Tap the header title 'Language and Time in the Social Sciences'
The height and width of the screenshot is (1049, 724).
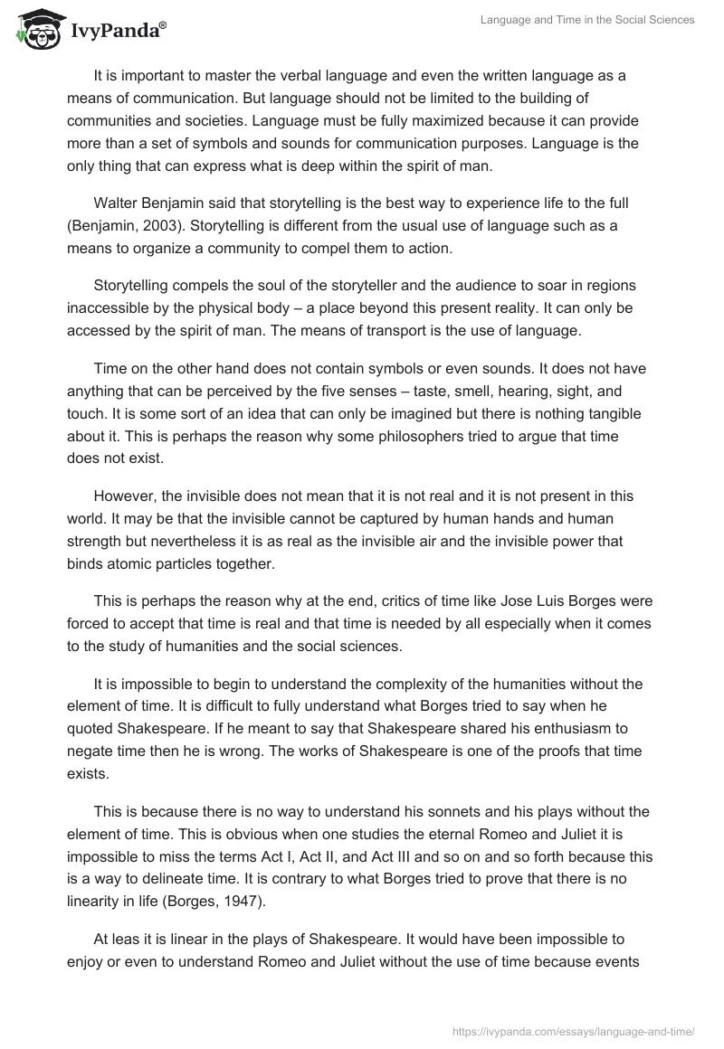point(586,20)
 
